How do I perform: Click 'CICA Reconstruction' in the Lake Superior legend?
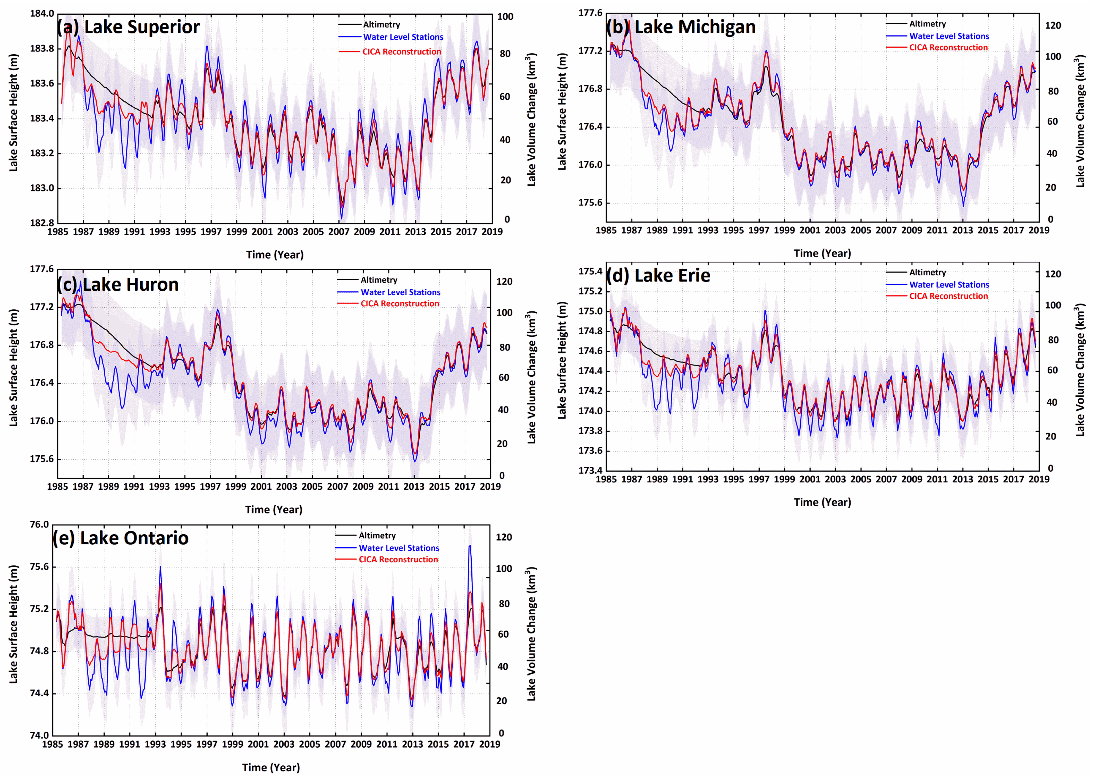(401, 52)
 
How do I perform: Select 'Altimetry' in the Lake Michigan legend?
(927, 24)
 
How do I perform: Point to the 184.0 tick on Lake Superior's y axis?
(42, 13)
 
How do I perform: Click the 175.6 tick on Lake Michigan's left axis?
(591, 203)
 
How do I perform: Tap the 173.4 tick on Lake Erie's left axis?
(591, 470)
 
